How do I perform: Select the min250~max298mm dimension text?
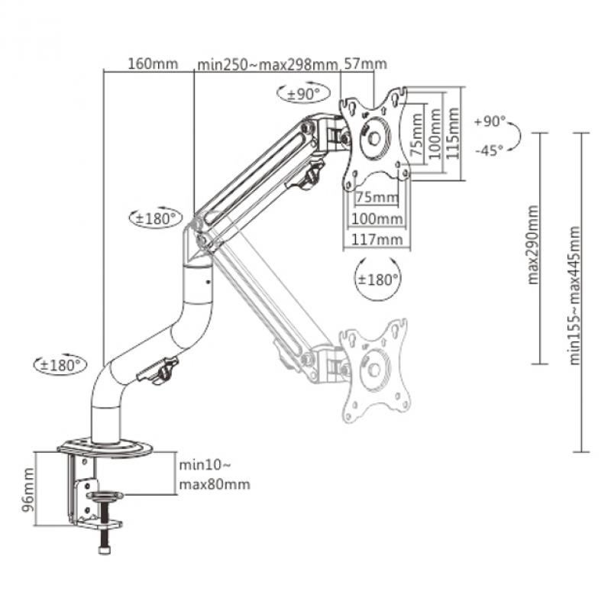point(267,64)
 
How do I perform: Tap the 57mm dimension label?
point(365,64)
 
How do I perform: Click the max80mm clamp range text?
point(214,484)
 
